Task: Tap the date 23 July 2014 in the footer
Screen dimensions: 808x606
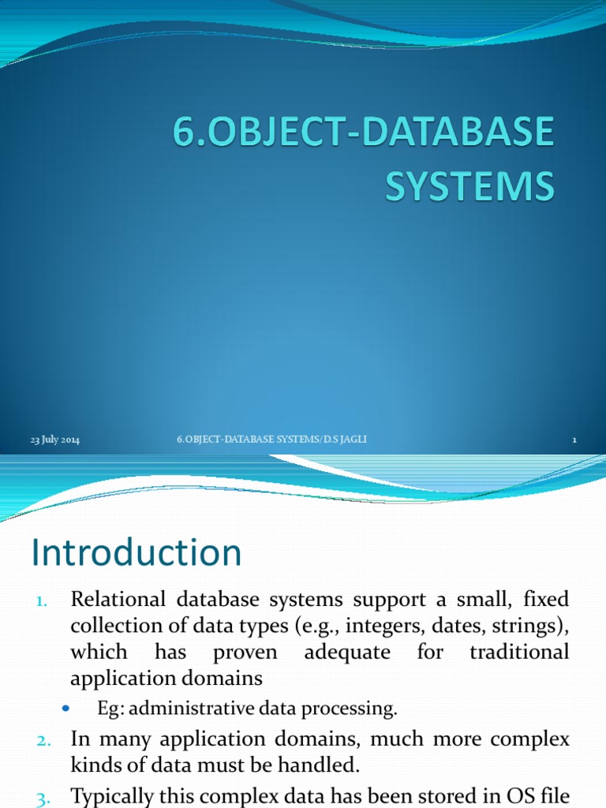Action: click(55, 440)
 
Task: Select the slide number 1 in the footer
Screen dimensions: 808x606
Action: click(575, 440)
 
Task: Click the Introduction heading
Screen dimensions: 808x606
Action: click(137, 552)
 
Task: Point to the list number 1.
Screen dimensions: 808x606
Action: click(43, 601)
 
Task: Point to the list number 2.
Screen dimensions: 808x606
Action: click(43, 739)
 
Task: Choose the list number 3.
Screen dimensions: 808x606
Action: click(43, 799)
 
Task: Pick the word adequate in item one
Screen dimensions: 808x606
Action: click(347, 653)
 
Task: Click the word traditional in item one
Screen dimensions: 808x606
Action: click(518, 653)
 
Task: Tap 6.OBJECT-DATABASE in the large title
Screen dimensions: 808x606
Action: click(363, 133)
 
